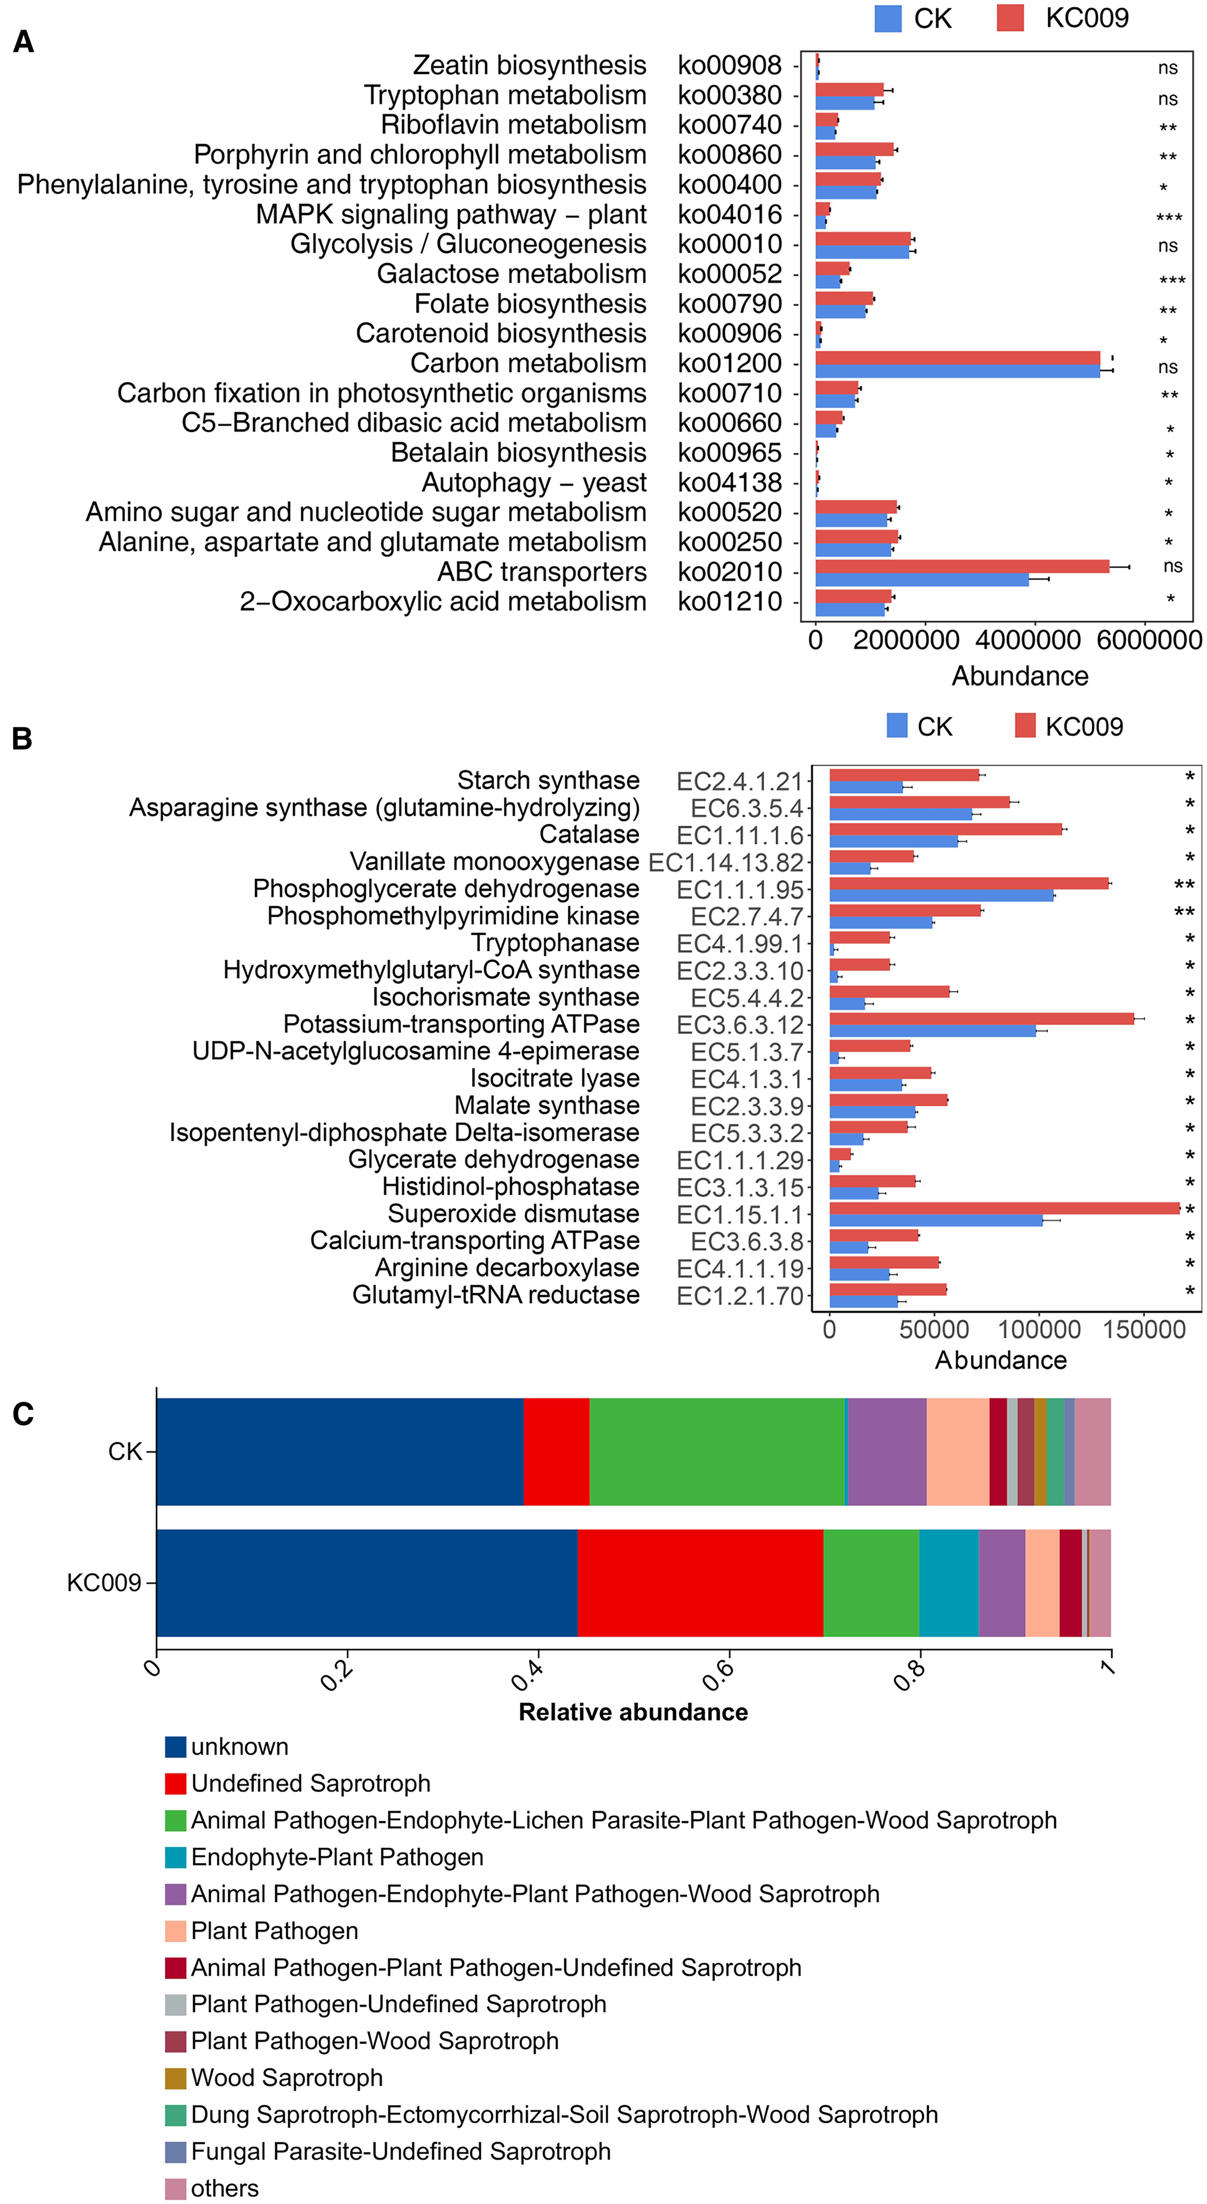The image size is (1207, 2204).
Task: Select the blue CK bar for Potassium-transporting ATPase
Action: [x=932, y=1031]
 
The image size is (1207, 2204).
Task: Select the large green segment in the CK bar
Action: [x=717, y=1452]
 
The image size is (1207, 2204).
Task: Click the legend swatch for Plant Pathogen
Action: [x=176, y=1931]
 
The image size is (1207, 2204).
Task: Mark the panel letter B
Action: [x=22, y=738]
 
